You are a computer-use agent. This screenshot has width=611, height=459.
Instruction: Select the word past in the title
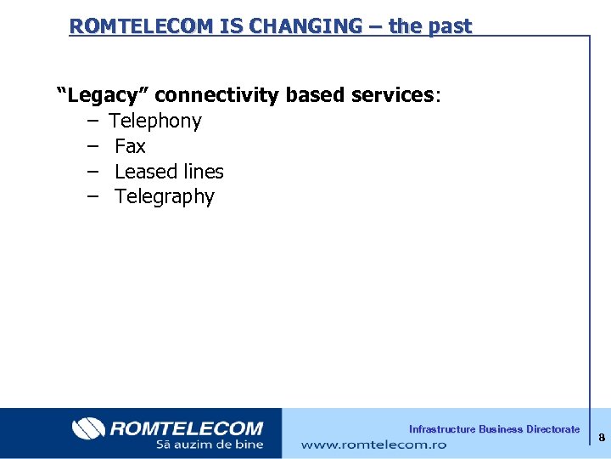point(449,25)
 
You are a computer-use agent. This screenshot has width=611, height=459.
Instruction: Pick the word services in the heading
point(392,94)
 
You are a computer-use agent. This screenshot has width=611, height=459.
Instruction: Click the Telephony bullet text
point(155,121)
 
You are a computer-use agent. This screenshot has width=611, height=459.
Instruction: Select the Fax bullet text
point(130,146)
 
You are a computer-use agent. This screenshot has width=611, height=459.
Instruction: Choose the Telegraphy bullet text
point(165,197)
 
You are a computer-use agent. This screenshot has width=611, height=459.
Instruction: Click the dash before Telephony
point(91,121)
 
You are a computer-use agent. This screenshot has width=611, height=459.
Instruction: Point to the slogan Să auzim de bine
point(210,445)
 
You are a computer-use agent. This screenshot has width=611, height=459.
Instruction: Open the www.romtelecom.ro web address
point(373,444)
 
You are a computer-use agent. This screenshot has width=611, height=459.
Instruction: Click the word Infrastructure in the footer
point(442,429)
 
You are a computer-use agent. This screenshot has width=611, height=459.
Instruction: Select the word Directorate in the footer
point(552,429)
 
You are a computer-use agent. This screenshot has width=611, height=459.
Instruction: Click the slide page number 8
point(601,438)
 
